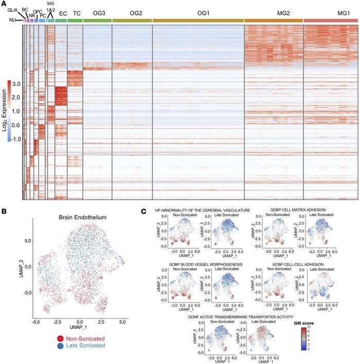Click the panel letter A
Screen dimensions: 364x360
pyautogui.click(x=4, y=3)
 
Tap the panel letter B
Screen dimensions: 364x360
pyautogui.click(x=4, y=210)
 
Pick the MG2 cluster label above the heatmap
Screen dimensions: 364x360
pyautogui.click(x=274, y=13)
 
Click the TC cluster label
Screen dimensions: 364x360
pyautogui.click(x=75, y=13)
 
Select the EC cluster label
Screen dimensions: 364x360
pyautogui.click(x=61, y=13)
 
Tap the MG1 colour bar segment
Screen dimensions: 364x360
pyautogui.click(x=331, y=20)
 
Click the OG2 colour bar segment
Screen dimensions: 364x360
pyautogui.click(x=132, y=20)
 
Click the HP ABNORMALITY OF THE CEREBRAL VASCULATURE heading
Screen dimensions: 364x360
pyautogui.click(x=199, y=210)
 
